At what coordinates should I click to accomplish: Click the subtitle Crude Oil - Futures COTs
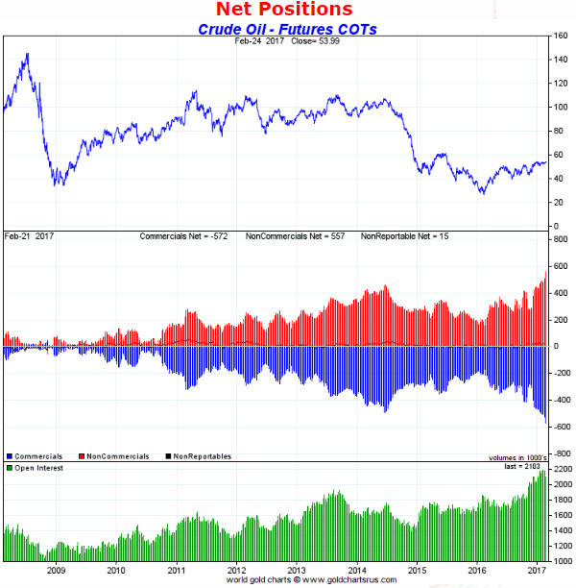[287, 29]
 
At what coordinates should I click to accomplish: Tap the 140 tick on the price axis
[559, 60]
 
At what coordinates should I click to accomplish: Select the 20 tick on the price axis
[556, 202]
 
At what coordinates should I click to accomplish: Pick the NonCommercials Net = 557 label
[300, 236]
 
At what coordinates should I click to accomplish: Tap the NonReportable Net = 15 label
[404, 236]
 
